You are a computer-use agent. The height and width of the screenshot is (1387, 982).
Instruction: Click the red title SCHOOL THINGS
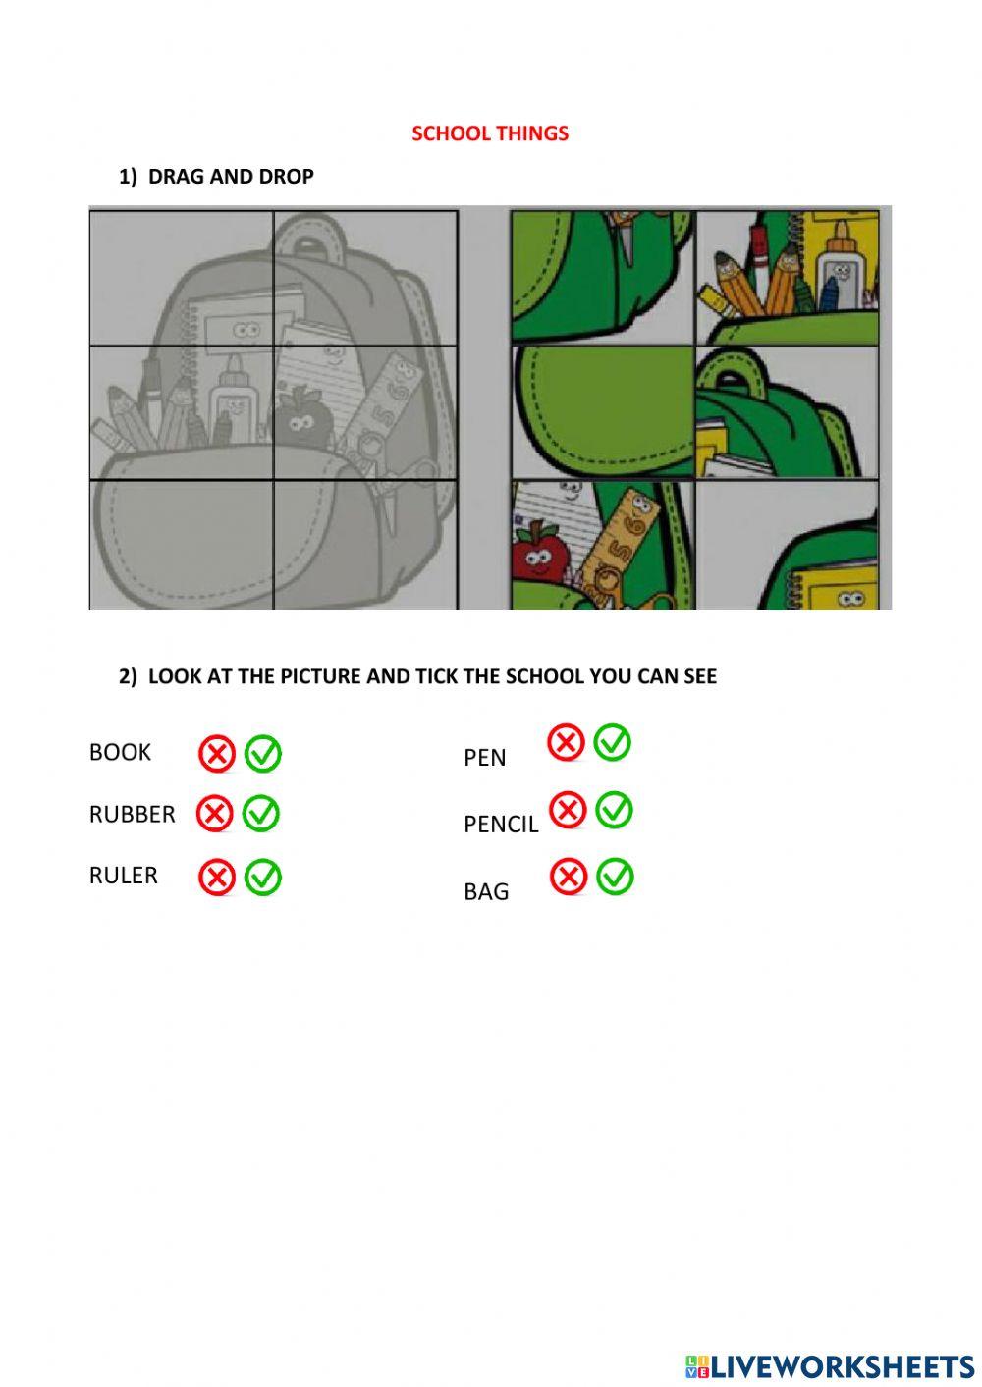tap(490, 133)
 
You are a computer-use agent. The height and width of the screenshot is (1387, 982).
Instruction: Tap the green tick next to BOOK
tap(263, 754)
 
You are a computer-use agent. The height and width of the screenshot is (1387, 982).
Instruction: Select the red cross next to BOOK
tap(217, 754)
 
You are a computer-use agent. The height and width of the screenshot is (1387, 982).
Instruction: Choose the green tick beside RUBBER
tap(261, 814)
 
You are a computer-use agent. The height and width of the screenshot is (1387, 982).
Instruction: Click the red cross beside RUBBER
tap(215, 814)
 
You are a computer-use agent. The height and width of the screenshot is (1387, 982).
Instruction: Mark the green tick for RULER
tap(263, 877)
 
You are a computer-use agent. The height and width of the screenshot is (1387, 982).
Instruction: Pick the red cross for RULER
tap(217, 877)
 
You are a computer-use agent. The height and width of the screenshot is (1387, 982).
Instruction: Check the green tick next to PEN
tap(613, 743)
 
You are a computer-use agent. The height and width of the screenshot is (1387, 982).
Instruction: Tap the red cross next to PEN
tap(567, 743)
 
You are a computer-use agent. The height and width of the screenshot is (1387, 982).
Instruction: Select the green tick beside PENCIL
tap(614, 811)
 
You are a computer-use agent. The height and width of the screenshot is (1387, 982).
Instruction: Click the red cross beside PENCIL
tap(568, 811)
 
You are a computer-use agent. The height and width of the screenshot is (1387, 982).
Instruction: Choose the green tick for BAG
tap(616, 877)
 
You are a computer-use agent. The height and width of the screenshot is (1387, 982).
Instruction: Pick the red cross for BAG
tap(569, 877)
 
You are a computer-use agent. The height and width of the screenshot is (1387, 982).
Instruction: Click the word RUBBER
tap(132, 815)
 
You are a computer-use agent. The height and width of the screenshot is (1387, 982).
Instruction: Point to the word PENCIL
tap(501, 825)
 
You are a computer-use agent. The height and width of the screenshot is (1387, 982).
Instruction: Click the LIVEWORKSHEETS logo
tap(830, 1365)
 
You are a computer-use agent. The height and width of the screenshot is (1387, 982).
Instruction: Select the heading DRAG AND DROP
tap(231, 177)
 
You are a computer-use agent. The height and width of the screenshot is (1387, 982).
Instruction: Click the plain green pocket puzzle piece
tap(602, 410)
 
